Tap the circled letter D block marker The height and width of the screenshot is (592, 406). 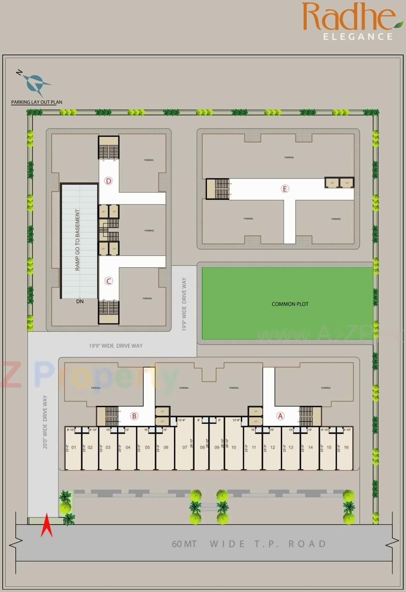click(x=109, y=181)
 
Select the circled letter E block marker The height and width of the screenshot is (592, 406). click(x=285, y=189)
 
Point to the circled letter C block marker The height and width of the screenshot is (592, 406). click(x=109, y=281)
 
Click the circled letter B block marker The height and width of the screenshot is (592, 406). click(x=134, y=416)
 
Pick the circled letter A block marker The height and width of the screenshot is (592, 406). click(x=280, y=416)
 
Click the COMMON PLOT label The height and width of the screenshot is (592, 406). click(x=290, y=304)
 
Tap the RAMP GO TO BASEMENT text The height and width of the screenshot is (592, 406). click(x=78, y=240)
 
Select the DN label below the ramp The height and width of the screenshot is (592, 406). click(x=80, y=302)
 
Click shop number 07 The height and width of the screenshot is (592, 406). click(x=185, y=447)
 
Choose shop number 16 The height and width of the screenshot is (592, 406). click(x=346, y=447)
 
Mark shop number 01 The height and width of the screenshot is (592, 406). click(x=74, y=448)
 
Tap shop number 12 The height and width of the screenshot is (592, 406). click(x=272, y=448)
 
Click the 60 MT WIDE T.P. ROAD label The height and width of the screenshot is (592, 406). click(x=249, y=544)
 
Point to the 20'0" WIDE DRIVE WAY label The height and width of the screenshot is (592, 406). click(x=45, y=422)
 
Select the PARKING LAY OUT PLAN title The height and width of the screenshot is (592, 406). click(x=36, y=102)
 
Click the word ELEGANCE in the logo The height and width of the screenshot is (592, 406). click(x=358, y=37)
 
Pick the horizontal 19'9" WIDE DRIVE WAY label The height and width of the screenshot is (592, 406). click(x=116, y=346)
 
